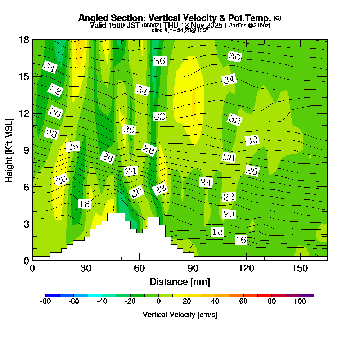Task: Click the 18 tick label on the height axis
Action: [24, 40]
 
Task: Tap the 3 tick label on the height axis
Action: [26, 224]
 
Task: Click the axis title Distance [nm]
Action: [180, 282]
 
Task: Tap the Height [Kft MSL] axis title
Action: [9, 150]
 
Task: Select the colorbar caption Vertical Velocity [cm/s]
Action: [180, 315]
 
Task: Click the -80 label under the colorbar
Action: [45, 302]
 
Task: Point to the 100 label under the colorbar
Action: [300, 302]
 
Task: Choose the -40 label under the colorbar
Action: [102, 302]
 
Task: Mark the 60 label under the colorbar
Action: [243, 302]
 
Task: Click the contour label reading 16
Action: [241, 240]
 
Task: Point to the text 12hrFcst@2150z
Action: [247, 26]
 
